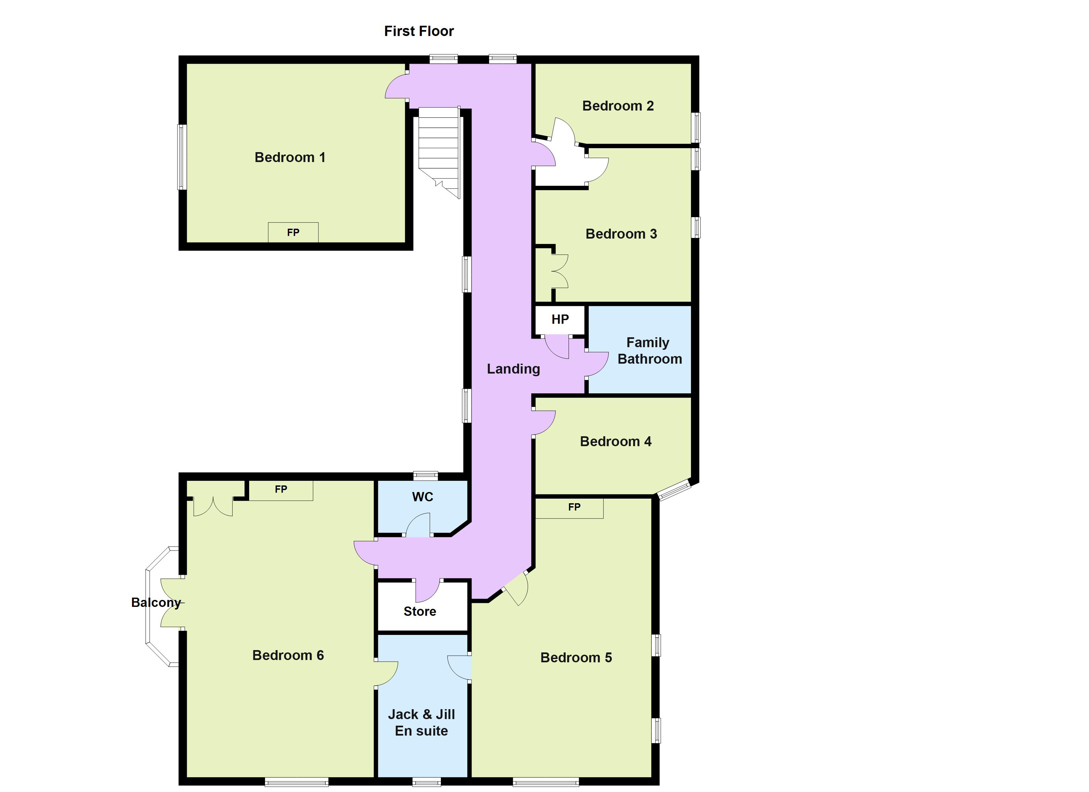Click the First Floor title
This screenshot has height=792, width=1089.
[419, 31]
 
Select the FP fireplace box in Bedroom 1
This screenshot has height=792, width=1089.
[293, 232]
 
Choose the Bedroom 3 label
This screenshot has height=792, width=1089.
[621, 234]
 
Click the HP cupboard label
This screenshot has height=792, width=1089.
[560, 319]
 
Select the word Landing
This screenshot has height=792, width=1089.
[513, 369]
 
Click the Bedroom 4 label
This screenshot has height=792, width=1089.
[615, 442]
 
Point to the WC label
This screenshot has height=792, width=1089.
[422, 497]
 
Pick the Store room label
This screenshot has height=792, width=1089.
[420, 611]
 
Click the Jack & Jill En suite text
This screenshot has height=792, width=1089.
[421, 722]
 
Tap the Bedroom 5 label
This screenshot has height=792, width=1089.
[576, 657]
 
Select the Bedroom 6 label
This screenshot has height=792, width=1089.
[288, 655]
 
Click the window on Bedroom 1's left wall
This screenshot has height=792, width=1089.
[182, 157]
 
